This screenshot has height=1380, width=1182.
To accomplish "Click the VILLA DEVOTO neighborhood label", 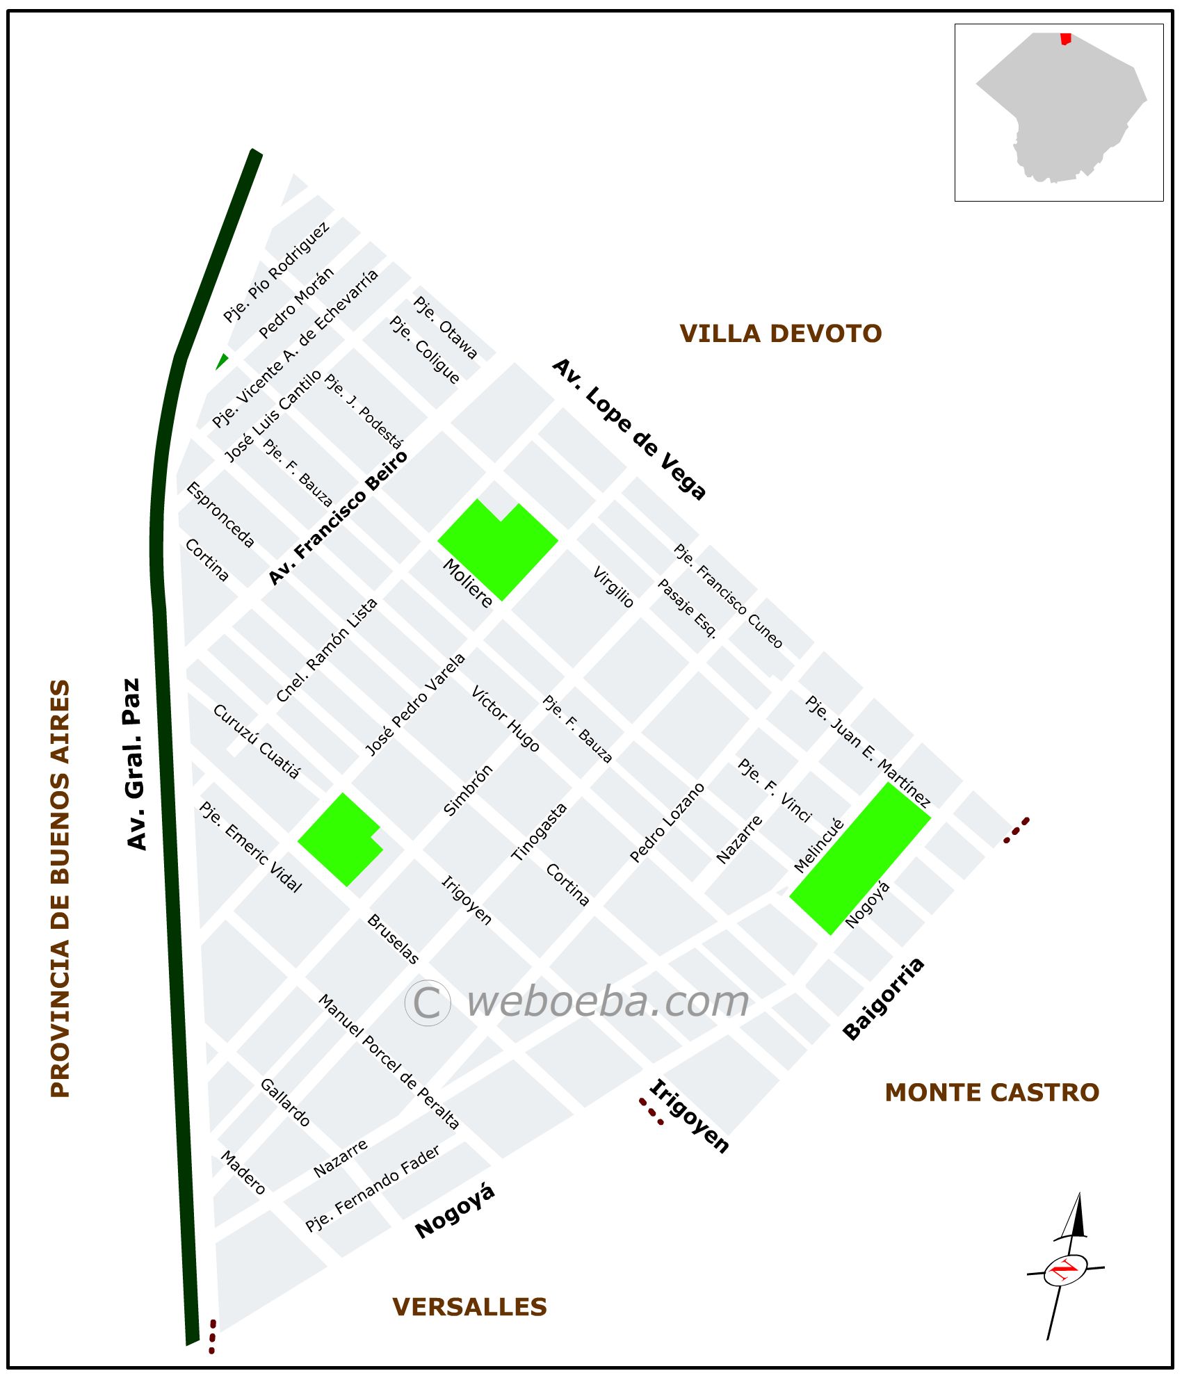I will (x=780, y=334).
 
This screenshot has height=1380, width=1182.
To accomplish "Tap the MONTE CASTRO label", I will (x=991, y=1092).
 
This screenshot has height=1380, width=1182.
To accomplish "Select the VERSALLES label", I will (x=469, y=1307).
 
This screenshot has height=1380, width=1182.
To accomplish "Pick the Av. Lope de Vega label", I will (x=629, y=429).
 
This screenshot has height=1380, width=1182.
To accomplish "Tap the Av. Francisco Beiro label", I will (x=339, y=518).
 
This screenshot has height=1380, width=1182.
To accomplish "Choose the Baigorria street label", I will (x=884, y=998).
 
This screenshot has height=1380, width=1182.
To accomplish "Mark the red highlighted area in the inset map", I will (x=1065, y=39).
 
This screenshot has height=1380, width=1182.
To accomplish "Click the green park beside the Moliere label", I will (x=498, y=546).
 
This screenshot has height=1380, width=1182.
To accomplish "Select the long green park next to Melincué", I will (x=860, y=858).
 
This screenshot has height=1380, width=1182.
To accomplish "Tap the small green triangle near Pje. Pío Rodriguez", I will (x=222, y=362).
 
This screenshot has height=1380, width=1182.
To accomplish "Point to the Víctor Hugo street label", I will (x=505, y=719).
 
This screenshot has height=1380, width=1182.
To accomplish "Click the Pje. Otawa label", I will (x=446, y=327).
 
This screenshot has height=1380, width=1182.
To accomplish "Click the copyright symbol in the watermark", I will (x=428, y=1002).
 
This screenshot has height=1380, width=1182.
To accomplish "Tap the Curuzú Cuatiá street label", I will (x=257, y=741).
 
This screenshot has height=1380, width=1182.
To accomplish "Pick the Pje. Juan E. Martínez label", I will (x=867, y=751).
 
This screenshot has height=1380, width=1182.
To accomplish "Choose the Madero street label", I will (x=243, y=1172).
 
